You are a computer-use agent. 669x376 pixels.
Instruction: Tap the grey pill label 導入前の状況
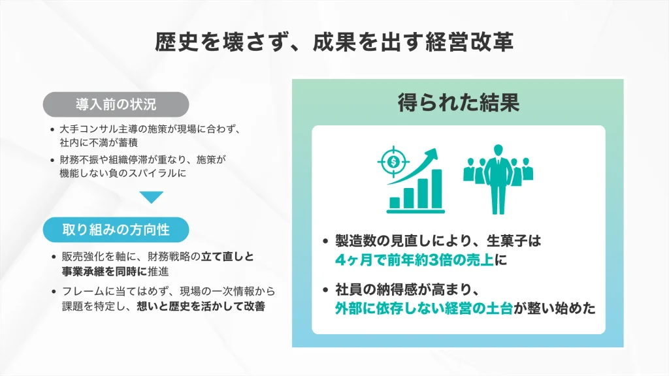116,104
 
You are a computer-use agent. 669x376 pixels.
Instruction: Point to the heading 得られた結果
458,102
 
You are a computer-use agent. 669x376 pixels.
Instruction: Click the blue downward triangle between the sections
152,197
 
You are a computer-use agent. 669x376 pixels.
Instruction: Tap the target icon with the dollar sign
392,159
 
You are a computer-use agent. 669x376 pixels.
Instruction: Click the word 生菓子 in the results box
514,241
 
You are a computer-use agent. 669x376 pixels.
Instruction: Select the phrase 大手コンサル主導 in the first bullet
90,129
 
